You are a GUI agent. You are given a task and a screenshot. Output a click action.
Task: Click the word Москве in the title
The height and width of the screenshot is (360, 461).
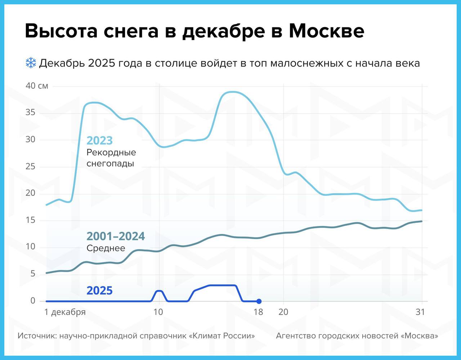coord(326,31)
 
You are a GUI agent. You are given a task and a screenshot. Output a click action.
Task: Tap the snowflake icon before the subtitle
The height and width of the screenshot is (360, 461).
coord(31,63)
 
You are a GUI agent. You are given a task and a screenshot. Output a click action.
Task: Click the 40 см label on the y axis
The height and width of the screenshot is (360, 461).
coord(36,86)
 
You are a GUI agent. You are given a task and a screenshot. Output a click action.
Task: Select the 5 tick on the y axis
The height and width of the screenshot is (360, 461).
coord(33,274)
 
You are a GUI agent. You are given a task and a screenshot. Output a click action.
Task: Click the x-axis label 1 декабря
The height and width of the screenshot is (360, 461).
coord(65,312)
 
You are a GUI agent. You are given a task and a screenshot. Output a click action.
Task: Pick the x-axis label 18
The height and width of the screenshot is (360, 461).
coord(258,312)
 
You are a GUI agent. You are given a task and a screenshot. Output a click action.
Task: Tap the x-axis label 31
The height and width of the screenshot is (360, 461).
coord(420,312)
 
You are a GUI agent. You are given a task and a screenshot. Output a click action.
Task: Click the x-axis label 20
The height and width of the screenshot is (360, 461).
coord(283,312)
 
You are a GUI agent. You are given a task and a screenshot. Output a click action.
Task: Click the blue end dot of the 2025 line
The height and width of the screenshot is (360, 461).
coord(259,301)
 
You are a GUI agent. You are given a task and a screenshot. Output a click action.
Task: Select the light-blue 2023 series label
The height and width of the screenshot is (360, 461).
coord(100,140)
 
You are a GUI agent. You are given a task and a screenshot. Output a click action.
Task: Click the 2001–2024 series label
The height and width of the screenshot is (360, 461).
coord(116,236)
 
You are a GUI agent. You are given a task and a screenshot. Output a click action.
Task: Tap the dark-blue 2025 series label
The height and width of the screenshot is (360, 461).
coord(100,291)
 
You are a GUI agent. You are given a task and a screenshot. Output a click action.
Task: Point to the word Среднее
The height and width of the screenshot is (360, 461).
coord(106,248)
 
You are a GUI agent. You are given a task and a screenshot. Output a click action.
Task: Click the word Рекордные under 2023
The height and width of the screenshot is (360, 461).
coord(111,152)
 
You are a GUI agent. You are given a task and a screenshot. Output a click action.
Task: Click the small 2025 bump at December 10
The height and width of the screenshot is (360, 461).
coord(159,291)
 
